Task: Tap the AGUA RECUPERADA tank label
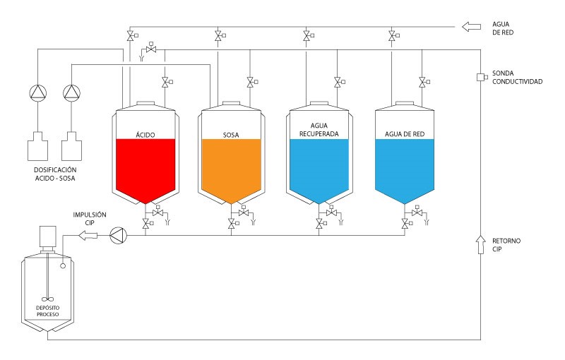click(319, 128)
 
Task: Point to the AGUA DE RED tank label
click(404, 133)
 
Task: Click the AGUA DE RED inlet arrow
click(470, 27)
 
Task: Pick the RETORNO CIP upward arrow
click(480, 245)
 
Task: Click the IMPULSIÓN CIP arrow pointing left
click(88, 235)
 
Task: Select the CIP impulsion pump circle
click(117, 235)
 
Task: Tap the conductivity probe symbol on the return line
click(480, 77)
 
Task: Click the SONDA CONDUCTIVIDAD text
click(517, 77)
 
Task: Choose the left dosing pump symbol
click(37, 92)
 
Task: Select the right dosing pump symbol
click(71, 92)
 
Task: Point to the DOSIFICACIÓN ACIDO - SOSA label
click(54, 174)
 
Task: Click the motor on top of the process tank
click(48, 236)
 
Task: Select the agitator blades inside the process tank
click(48, 298)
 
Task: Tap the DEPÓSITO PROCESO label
click(48, 311)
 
